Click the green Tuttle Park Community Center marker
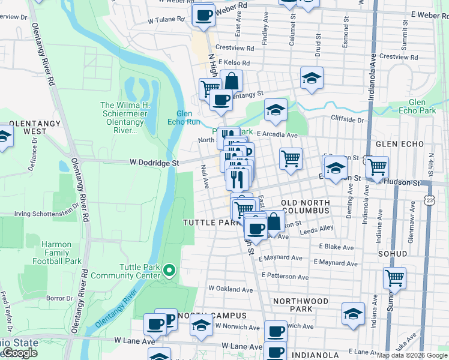coord(169,271)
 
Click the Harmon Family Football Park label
coord(57,253)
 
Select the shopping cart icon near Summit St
coord(394,278)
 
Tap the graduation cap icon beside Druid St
coord(310,78)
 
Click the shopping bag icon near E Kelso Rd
coord(231,80)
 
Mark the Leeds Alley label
coord(316,229)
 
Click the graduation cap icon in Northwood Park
coord(353,314)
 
